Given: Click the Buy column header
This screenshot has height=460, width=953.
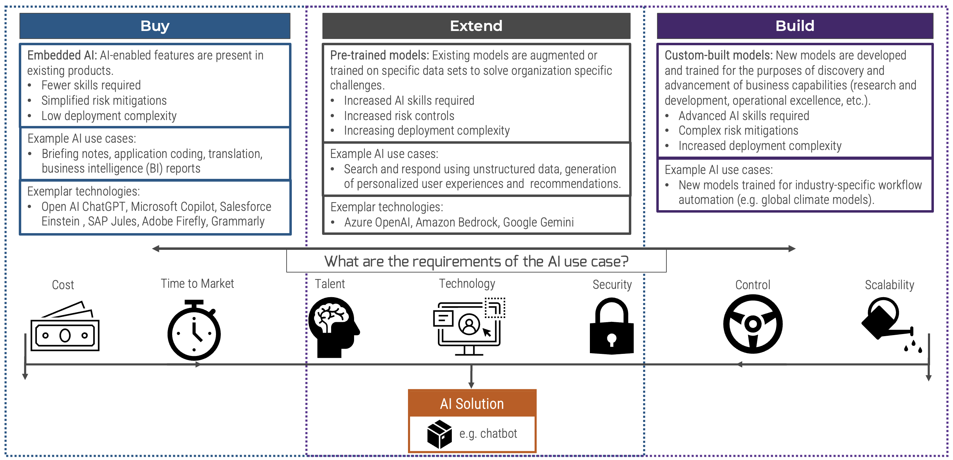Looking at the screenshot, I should (155, 26).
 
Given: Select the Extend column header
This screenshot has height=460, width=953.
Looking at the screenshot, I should (476, 26).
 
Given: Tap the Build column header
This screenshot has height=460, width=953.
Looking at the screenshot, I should (795, 26).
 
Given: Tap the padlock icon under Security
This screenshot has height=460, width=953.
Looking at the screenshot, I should (611, 326).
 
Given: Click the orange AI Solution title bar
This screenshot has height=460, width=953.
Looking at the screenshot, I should (472, 403).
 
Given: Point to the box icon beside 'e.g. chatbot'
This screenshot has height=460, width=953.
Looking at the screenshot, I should (439, 434).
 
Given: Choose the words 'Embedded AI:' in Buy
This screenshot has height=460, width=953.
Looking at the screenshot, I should (62, 56).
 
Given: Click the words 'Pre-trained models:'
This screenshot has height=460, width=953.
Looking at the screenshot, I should (379, 56).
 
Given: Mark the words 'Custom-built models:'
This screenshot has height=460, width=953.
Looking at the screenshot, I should (718, 56).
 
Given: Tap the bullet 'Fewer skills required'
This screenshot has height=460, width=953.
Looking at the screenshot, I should (91, 86).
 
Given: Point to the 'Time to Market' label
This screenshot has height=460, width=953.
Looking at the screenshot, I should (197, 284).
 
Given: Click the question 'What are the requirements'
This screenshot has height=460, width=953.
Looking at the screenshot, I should (476, 262).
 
